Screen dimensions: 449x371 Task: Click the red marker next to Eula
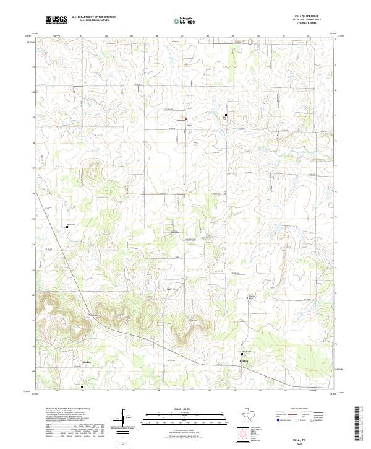point(186,119)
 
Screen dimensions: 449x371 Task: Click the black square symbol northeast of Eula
point(226,115)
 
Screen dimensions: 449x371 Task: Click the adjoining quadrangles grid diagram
point(244,435)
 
